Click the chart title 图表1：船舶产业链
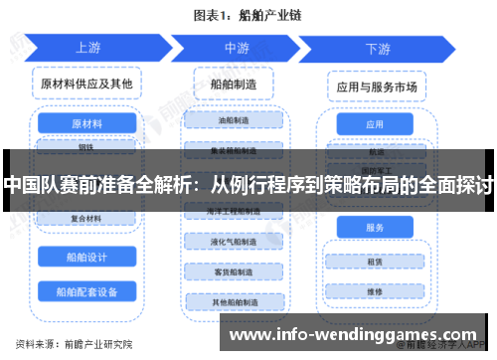(x=248, y=16)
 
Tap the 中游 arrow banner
(x=236, y=47)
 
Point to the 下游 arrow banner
(x=377, y=48)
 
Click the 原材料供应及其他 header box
(x=86, y=84)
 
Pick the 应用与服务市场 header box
(x=376, y=87)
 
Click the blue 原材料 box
(x=86, y=125)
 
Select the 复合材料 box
(x=86, y=219)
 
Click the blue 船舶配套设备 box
(x=86, y=292)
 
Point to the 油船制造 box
(x=235, y=120)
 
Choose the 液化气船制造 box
(x=235, y=241)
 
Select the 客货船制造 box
(x=235, y=270)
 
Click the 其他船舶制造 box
(x=235, y=301)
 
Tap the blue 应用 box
(x=375, y=125)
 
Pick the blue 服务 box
(x=375, y=228)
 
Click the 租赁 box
(x=375, y=264)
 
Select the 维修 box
(x=375, y=292)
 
